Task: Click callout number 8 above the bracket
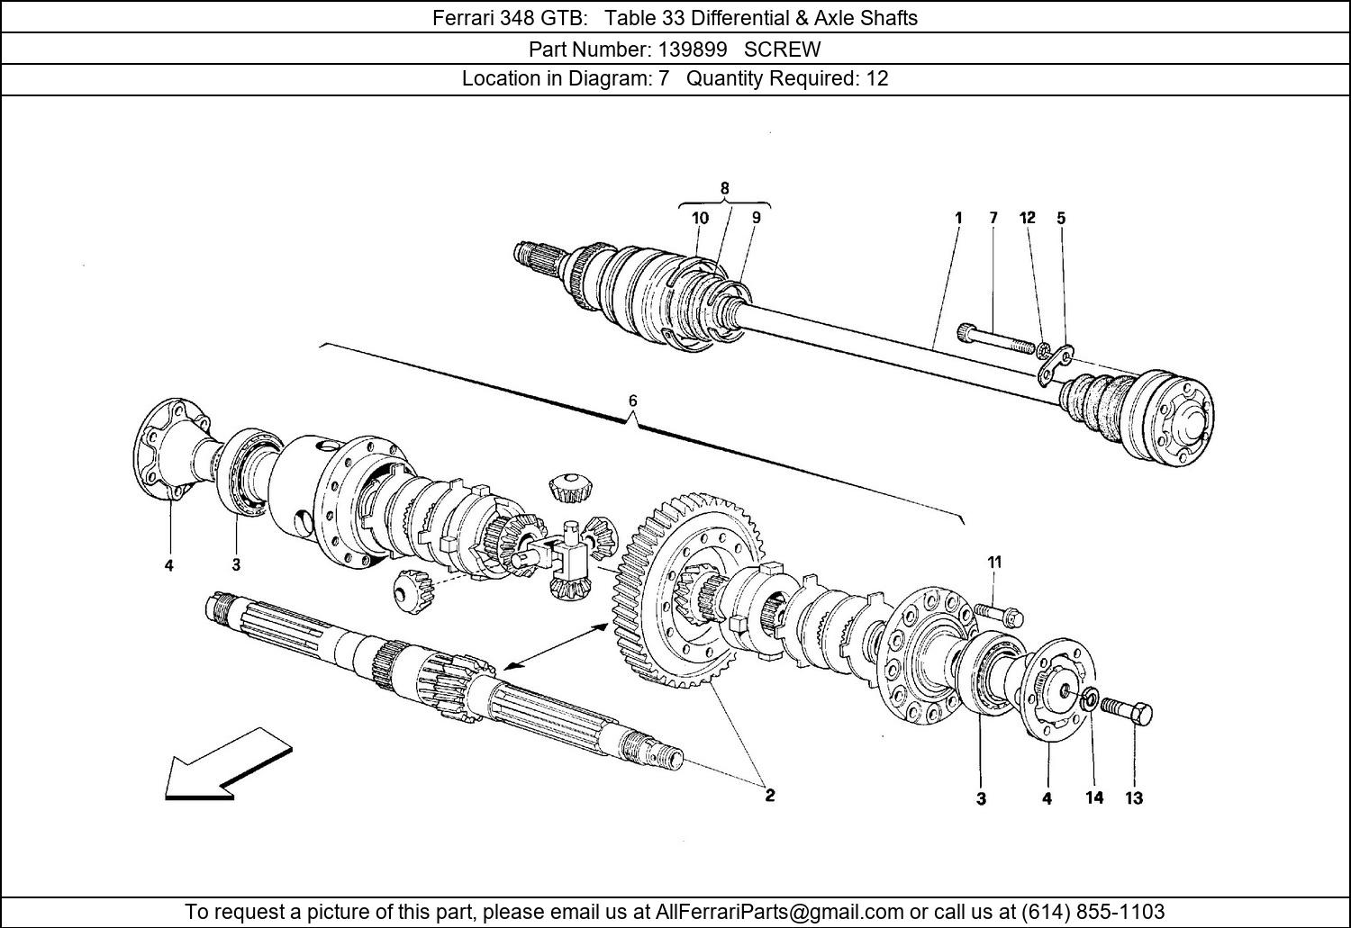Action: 724,188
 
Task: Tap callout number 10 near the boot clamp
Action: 700,218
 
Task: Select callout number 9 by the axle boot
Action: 757,217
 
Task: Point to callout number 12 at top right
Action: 1027,218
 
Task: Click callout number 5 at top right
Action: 1061,218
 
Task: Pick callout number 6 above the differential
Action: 632,401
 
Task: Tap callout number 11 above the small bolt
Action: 994,563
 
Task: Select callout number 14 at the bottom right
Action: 1094,797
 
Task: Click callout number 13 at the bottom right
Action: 1134,798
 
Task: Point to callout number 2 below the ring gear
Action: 769,796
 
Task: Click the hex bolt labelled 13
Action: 1126,712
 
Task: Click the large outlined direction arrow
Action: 229,764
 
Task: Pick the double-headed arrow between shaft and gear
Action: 556,646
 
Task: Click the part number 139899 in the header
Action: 693,50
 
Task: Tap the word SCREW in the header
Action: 783,50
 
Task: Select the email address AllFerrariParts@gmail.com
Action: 779,911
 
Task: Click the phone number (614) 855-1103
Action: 1093,911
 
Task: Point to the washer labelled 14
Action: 1090,701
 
